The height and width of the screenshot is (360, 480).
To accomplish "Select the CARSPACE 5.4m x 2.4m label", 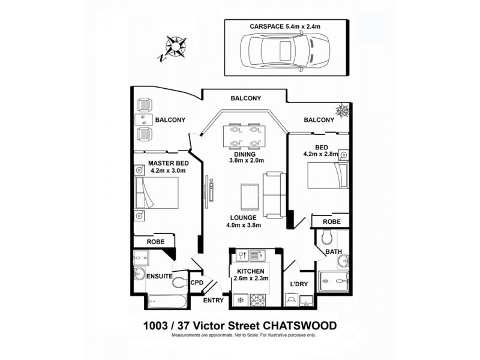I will click(284, 26).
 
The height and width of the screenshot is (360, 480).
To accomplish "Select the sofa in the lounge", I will click(274, 195).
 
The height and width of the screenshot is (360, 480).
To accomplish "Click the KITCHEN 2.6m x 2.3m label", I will click(251, 275).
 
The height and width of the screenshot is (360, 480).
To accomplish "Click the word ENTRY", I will click(213, 300).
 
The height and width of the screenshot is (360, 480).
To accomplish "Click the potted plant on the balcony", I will click(344, 111).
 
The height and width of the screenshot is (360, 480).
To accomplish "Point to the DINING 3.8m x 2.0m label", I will click(245, 157).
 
